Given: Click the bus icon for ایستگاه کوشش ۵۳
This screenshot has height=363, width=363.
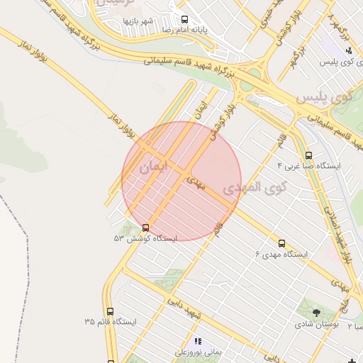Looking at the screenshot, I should [145, 228].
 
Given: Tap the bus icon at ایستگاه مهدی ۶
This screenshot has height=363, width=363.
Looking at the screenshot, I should [282, 243].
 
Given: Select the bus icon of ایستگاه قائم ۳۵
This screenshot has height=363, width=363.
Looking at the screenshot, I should [110, 311].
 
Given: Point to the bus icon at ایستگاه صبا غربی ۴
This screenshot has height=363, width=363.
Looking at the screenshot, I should [308, 155].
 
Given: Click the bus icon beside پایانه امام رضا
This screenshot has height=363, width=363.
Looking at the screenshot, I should [185, 20].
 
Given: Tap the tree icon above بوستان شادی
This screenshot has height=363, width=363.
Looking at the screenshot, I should [315, 311].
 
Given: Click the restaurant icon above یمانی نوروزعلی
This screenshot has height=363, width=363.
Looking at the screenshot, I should [199, 341].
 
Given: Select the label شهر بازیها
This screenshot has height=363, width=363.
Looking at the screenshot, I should [138, 21].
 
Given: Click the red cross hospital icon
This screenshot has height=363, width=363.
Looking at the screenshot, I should [352, 362].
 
